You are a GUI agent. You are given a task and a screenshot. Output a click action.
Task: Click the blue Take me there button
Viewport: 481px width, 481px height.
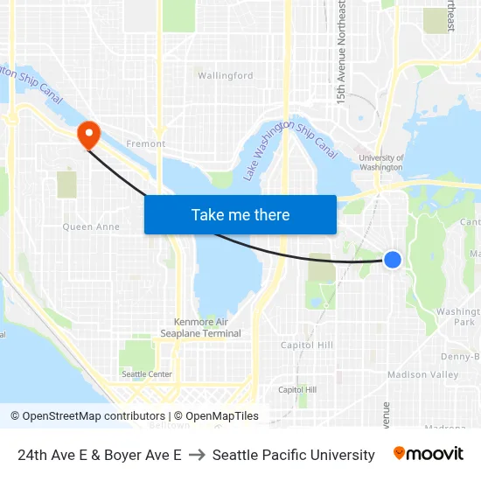(240, 214)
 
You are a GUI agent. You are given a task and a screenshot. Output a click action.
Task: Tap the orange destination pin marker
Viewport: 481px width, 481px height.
(88, 135)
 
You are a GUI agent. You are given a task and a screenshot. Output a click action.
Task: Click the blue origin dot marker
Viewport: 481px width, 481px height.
(393, 259)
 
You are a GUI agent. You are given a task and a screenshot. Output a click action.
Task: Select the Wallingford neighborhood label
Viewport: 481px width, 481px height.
(226, 76)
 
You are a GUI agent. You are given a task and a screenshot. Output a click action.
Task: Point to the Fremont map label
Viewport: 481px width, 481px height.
(146, 143)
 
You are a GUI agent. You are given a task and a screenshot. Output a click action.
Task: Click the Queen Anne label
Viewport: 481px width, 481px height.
(91, 227)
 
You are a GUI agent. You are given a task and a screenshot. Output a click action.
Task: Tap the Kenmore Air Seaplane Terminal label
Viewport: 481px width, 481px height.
(200, 327)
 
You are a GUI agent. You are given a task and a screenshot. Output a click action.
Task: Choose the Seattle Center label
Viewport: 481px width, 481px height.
(147, 374)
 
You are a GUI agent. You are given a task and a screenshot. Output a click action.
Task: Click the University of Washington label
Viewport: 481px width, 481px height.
(381, 163)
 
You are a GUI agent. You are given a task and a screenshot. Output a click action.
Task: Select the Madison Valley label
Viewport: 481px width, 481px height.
(423, 374)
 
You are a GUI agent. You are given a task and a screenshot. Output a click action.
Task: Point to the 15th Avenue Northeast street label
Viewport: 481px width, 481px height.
(342, 52)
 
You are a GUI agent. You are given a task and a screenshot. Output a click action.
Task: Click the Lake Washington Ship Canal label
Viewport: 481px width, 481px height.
(290, 144)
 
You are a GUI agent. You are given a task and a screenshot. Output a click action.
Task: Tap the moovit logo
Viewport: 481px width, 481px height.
(428, 454)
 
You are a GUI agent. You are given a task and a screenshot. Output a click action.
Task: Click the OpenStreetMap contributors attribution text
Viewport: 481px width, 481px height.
(94, 416)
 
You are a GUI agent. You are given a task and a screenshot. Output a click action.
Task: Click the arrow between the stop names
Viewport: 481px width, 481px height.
(197, 455)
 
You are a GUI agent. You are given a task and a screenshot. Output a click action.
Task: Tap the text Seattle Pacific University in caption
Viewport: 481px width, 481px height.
(293, 455)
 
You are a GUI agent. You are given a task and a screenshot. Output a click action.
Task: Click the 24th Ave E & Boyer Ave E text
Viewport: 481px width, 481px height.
(100, 455)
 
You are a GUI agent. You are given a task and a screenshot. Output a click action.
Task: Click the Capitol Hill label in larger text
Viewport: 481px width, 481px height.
(307, 345)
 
